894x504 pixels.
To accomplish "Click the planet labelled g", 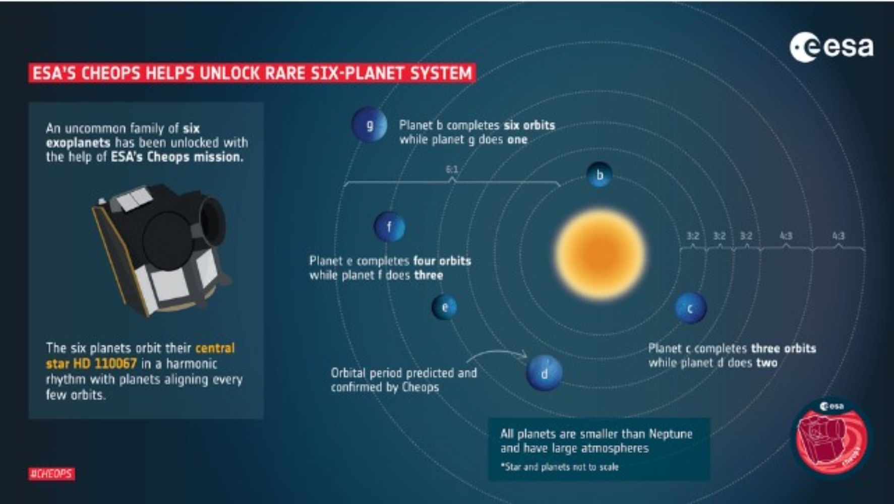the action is pyautogui.click(x=369, y=124).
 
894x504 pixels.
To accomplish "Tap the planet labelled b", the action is pyautogui.click(x=600, y=175).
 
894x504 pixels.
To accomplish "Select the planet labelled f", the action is pyautogui.click(x=389, y=227).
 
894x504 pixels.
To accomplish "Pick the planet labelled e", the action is pyautogui.click(x=445, y=307).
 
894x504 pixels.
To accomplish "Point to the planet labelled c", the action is pyautogui.click(x=691, y=308).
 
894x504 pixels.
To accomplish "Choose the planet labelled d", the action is pyautogui.click(x=544, y=373).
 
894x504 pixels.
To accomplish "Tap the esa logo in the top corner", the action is pyautogui.click(x=831, y=47).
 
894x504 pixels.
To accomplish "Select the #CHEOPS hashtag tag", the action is pyautogui.click(x=51, y=474).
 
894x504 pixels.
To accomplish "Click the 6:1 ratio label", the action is pyautogui.click(x=452, y=169).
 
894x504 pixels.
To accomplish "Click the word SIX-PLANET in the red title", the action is pyautogui.click(x=357, y=74).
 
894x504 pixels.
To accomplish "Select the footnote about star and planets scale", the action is pyautogui.click(x=559, y=467).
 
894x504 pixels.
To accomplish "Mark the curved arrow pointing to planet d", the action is pyautogui.click(x=497, y=355).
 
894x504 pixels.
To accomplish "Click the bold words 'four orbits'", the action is pyautogui.click(x=442, y=261).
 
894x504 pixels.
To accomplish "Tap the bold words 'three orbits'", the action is pyautogui.click(x=784, y=348).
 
